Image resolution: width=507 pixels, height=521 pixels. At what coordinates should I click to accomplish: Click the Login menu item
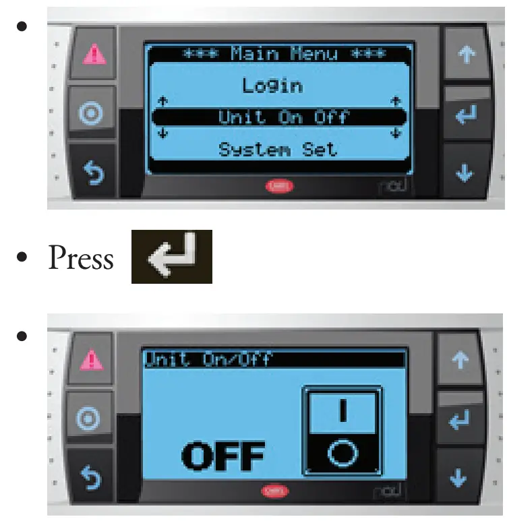[x=272, y=86]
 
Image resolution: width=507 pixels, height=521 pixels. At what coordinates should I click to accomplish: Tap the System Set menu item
[x=277, y=149]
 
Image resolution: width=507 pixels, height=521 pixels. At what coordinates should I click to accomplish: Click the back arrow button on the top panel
[x=92, y=172]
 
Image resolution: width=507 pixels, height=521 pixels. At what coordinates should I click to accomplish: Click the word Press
[x=81, y=258]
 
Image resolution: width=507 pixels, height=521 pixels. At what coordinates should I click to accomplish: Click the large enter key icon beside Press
[x=171, y=257]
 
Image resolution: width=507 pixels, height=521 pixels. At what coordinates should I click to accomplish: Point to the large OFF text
[x=223, y=456]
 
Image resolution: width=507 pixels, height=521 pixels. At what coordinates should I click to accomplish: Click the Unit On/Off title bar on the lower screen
[x=274, y=359]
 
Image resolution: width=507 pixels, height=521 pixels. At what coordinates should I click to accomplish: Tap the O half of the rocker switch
[x=342, y=454]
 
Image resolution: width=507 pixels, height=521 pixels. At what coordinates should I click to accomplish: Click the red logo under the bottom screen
[x=275, y=491]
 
